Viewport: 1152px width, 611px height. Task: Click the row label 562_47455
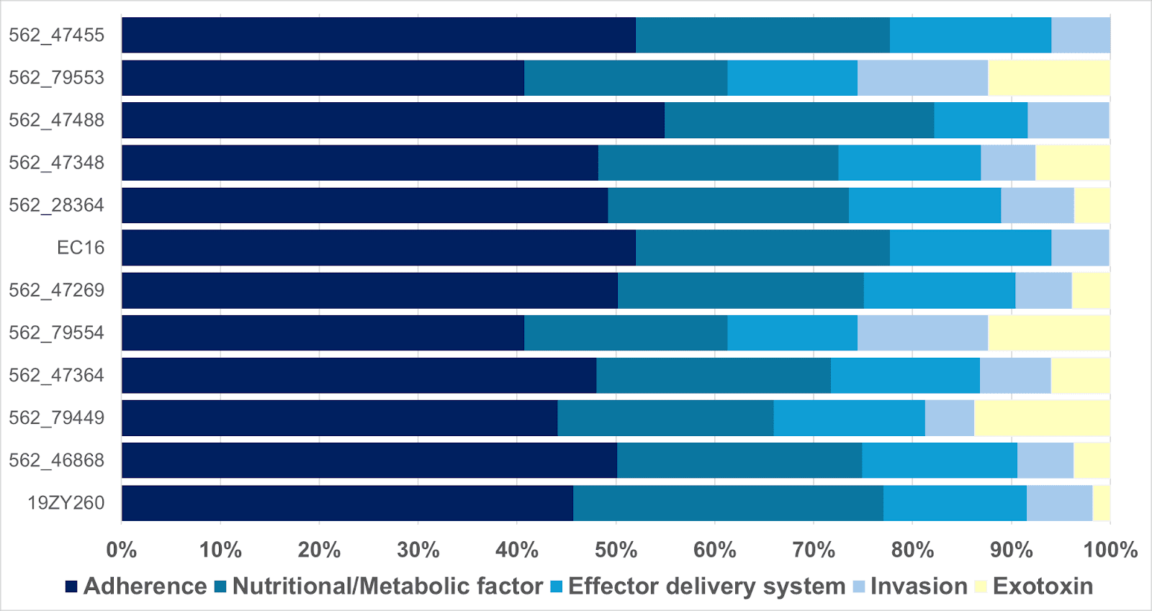click(x=56, y=35)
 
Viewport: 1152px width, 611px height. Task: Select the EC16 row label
click(x=81, y=248)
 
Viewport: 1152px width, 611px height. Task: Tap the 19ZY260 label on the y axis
click(x=66, y=502)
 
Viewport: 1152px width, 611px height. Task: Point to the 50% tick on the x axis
click(x=616, y=551)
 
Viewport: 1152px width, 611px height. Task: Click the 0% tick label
click(x=122, y=551)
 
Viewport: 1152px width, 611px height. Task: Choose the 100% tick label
click(x=1110, y=551)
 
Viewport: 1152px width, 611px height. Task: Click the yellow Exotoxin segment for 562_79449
click(x=1042, y=418)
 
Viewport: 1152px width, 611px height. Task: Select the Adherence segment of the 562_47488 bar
click(x=393, y=120)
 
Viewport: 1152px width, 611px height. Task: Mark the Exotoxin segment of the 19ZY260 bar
click(x=1101, y=503)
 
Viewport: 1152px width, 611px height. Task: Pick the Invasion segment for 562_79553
click(x=922, y=78)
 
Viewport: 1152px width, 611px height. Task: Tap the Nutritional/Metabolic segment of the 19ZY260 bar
click(x=728, y=503)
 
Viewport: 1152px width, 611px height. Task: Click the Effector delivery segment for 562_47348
click(x=909, y=163)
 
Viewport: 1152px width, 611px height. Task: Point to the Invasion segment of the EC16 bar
click(x=1080, y=248)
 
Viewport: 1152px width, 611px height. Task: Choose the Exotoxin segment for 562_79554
click(x=1048, y=332)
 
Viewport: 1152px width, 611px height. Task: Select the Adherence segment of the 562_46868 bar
click(x=369, y=461)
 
